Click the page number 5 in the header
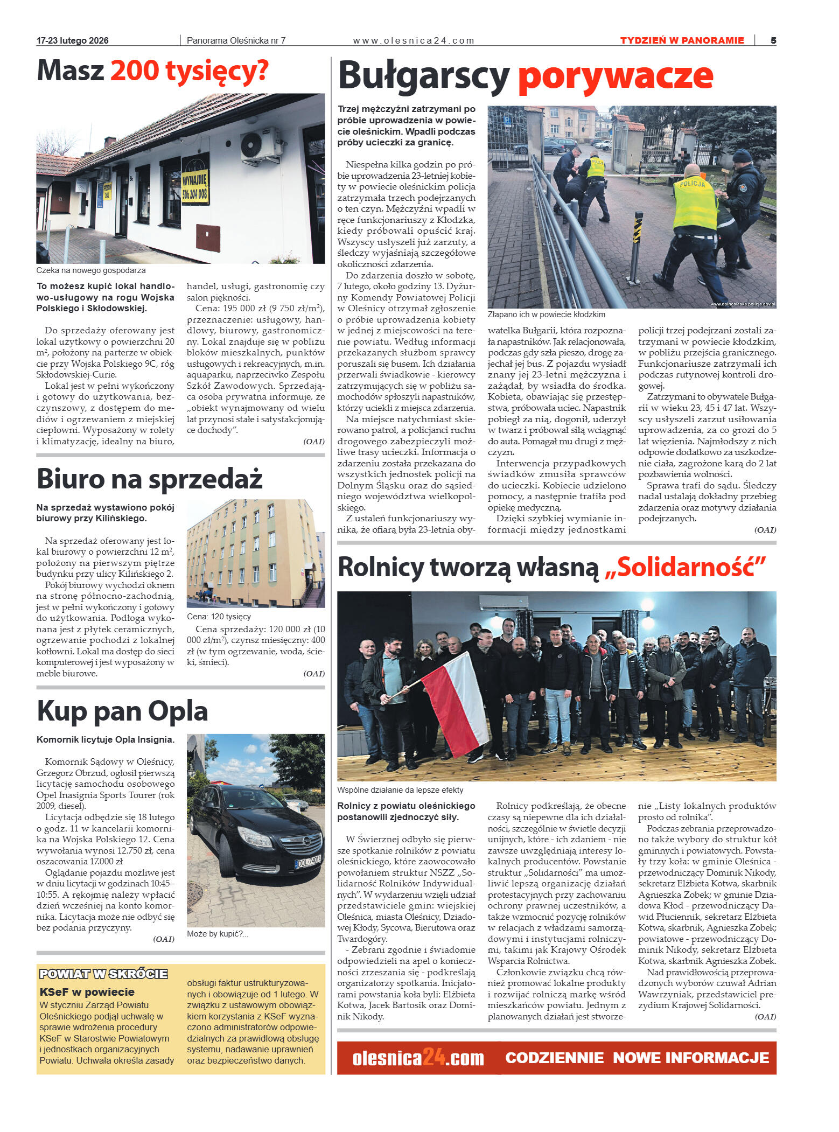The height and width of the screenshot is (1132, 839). click(773, 40)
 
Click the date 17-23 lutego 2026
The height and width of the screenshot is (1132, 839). click(72, 40)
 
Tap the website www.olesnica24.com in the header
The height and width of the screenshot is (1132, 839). click(413, 40)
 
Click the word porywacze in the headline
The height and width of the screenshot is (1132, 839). click(615, 77)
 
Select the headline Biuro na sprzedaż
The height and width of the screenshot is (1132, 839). click(149, 479)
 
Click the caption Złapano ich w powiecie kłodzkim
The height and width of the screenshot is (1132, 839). click(546, 314)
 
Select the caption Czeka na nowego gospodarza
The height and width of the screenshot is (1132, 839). click(90, 270)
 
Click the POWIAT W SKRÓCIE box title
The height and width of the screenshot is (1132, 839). click(103, 974)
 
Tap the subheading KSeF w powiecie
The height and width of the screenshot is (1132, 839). click(87, 991)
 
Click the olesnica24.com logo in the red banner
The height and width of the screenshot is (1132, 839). click(418, 1058)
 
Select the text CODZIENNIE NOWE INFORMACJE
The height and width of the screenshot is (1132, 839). click(637, 1058)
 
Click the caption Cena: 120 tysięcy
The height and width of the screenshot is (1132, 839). click(219, 616)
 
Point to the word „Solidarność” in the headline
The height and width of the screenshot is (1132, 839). click(685, 567)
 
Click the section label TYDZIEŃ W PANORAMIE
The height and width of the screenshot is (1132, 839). click(681, 40)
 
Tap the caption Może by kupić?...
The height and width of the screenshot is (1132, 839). click(217, 933)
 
